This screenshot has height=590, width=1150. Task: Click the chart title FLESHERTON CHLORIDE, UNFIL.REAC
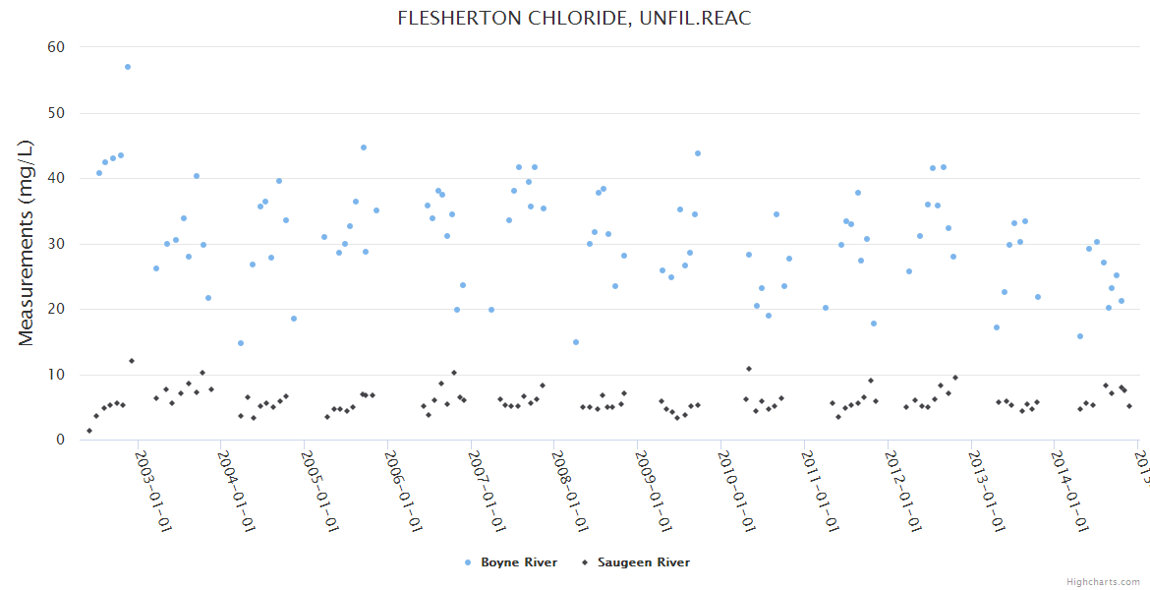click(574, 19)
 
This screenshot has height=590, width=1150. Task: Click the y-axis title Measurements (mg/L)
click(27, 242)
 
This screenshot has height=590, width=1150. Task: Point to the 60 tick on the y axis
click(56, 47)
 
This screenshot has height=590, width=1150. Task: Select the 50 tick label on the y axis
click(56, 113)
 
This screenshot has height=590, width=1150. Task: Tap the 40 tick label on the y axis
click(56, 178)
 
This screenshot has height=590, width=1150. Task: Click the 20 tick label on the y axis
click(56, 309)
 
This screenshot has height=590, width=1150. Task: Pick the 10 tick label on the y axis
click(56, 375)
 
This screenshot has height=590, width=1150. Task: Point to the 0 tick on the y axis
click(60, 441)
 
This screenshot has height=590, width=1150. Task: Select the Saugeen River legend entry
click(643, 562)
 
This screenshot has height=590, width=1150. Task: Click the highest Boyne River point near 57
click(128, 67)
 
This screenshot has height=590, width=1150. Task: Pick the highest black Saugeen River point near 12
click(132, 361)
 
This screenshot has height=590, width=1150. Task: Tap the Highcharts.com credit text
click(1103, 581)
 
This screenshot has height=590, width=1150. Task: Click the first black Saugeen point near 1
click(89, 431)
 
